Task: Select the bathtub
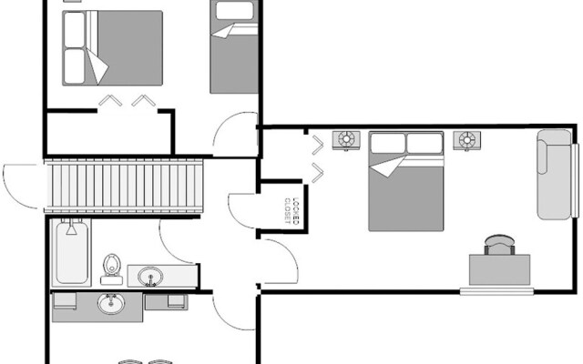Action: click(x=71, y=256)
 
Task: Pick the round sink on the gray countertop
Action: click(x=111, y=304)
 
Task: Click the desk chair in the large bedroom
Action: click(x=499, y=245)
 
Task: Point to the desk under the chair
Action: click(x=499, y=270)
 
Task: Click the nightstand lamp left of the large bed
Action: click(x=346, y=139)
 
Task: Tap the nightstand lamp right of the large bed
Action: click(x=467, y=139)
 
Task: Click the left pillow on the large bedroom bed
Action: click(x=387, y=143)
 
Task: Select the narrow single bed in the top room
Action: click(x=234, y=47)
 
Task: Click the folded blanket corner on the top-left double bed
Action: click(x=97, y=66)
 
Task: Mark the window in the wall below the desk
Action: click(x=496, y=292)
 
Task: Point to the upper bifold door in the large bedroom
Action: click(x=317, y=146)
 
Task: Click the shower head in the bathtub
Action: click(x=71, y=228)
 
